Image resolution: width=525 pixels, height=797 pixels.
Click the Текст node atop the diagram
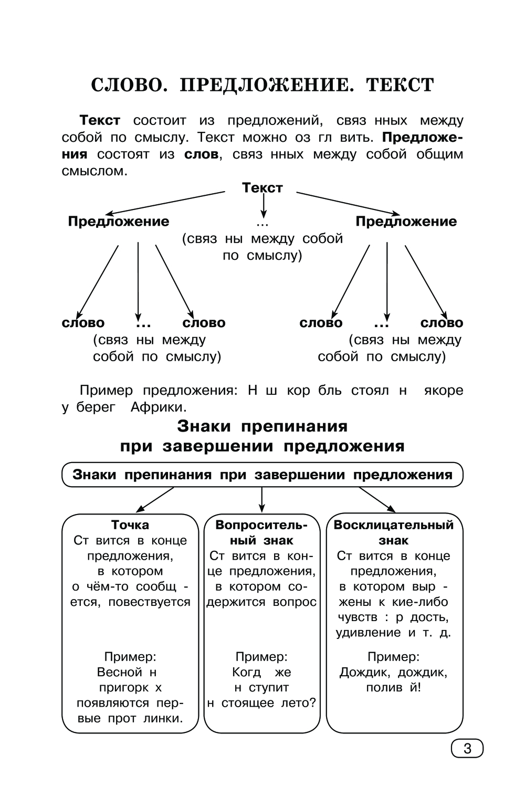(x=262, y=187)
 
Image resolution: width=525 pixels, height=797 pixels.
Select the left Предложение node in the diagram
(x=119, y=221)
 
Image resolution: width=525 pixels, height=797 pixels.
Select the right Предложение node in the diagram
(x=406, y=221)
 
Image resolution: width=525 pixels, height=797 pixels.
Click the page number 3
(x=467, y=748)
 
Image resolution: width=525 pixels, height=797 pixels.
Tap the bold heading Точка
(x=130, y=525)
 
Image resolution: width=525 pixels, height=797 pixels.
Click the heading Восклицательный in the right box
(x=394, y=525)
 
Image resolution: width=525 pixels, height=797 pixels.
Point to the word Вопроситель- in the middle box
(x=261, y=525)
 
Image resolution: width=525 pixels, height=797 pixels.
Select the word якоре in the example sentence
(x=443, y=390)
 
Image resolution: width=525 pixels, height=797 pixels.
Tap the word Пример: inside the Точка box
(x=130, y=656)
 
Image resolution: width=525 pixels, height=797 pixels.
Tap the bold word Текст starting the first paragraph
(x=100, y=120)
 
